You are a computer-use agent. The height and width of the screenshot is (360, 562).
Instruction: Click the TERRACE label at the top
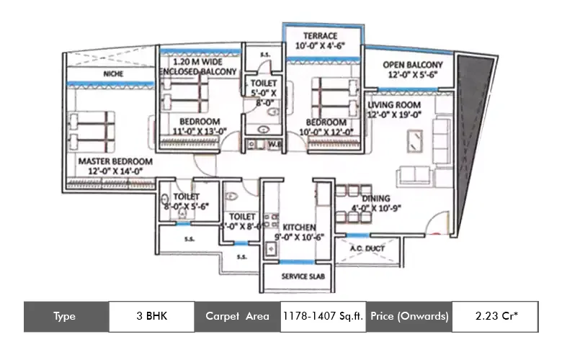click(320, 35)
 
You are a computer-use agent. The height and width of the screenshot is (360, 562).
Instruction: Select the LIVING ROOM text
click(394, 105)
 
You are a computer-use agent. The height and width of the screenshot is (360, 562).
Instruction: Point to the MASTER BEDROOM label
click(115, 161)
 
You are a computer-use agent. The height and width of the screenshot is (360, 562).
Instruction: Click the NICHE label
click(112, 73)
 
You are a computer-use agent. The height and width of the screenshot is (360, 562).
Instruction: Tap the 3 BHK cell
click(151, 316)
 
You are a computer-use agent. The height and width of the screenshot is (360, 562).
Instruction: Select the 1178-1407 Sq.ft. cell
click(324, 316)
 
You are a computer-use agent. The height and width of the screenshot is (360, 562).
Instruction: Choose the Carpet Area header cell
click(237, 316)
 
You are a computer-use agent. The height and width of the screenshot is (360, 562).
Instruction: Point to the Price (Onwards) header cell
click(409, 316)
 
